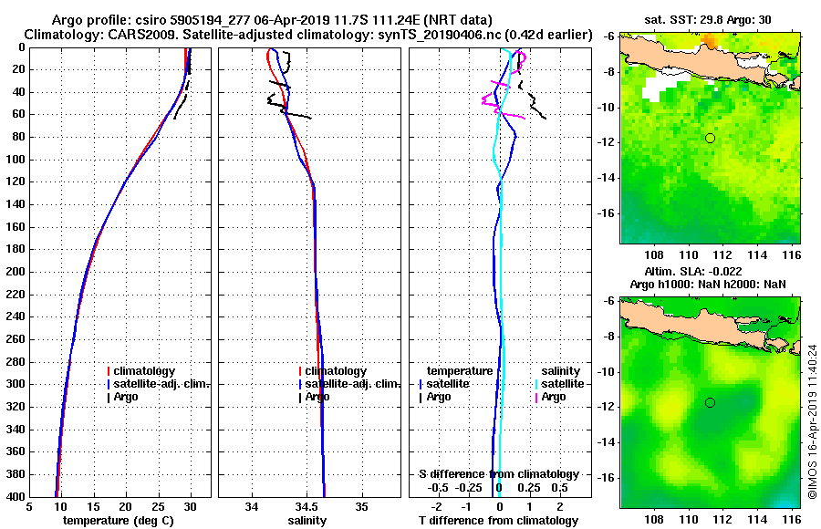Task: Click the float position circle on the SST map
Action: pos(710,138)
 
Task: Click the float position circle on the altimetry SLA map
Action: pos(710,402)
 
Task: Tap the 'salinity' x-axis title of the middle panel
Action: pos(306,521)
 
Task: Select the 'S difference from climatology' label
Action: pos(498,474)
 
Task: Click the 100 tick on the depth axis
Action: pos(16,160)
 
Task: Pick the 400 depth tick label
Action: pos(16,496)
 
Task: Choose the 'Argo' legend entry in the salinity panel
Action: pos(317,397)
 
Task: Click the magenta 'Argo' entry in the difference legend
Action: pos(553,397)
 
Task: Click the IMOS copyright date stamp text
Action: pos(812,421)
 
